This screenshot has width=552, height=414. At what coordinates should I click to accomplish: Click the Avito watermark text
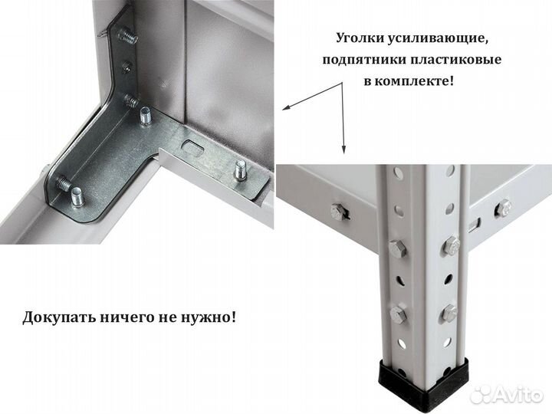(522, 394)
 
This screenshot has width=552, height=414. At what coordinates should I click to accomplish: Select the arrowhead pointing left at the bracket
(284, 108)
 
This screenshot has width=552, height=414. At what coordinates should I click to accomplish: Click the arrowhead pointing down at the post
(343, 149)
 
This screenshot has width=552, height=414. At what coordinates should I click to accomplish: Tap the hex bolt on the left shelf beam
(337, 211)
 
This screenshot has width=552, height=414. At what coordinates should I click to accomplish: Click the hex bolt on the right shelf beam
(503, 207)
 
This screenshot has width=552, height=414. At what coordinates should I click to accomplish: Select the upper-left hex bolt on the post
(396, 249)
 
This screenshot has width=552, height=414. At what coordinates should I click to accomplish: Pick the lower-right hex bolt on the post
(449, 313)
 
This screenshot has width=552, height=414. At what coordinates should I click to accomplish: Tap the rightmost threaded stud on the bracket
(241, 169)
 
